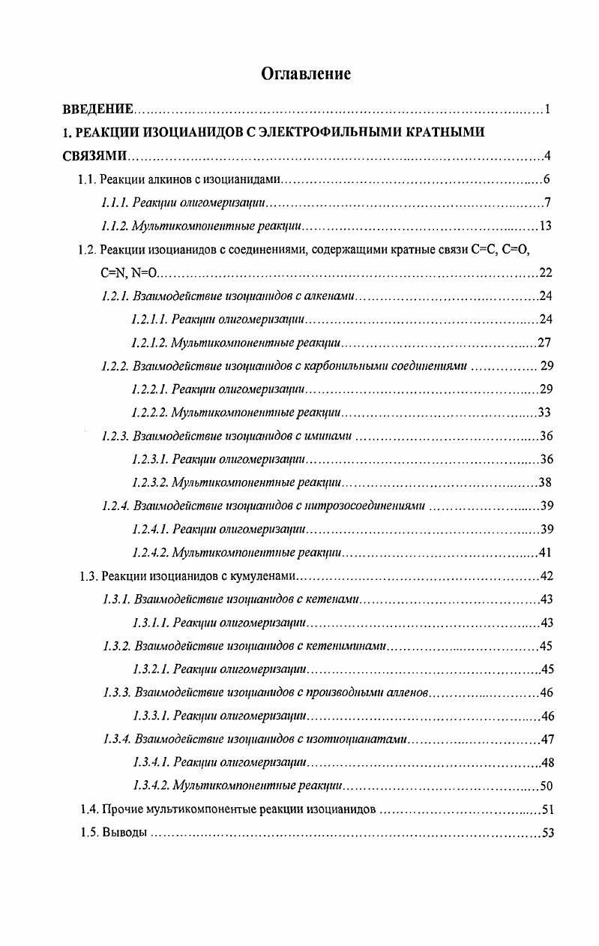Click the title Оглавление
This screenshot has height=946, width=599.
306,74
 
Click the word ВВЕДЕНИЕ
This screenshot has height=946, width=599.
97,110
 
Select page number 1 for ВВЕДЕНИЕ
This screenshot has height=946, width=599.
548,110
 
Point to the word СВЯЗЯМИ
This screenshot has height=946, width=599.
94,156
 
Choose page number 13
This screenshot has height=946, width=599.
545,226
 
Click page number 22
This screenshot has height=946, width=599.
545,272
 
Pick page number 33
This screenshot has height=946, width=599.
545,413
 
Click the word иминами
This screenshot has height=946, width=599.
331,436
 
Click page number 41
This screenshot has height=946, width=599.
545,553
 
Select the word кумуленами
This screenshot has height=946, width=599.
270,576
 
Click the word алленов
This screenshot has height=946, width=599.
407,692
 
